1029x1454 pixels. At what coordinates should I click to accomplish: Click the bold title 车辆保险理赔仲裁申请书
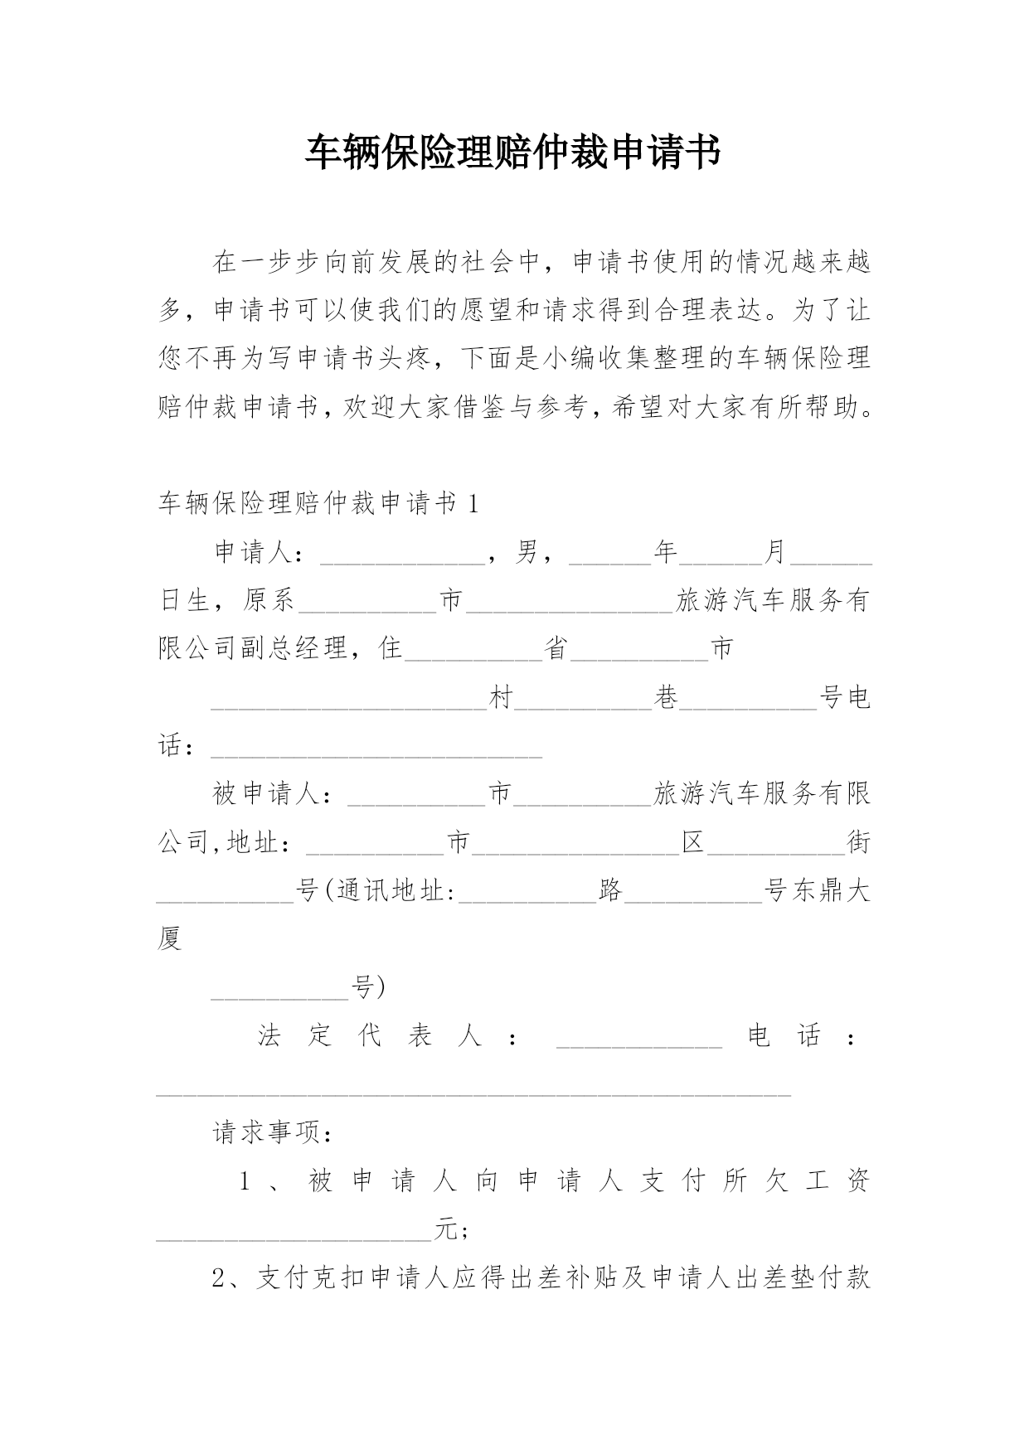coord(513,153)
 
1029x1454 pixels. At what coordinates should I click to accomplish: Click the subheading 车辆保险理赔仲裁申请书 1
coord(318,503)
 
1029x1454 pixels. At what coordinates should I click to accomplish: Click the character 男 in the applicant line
coord(527,552)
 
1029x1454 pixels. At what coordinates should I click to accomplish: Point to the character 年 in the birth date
coord(666,552)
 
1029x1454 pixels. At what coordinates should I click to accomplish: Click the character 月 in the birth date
coord(774,552)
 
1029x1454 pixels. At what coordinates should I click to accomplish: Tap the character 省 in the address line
coord(556,648)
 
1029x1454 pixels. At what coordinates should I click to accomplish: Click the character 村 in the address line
coord(501,698)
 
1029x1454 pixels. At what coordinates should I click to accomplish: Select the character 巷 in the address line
coord(666,698)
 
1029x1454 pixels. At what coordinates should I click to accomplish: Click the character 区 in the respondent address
coord(692,843)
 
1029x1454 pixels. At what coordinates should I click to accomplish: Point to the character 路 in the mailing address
coord(610,891)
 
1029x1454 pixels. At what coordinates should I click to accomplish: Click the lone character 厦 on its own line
coord(169,939)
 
